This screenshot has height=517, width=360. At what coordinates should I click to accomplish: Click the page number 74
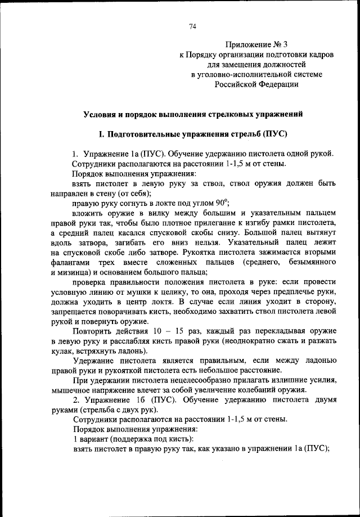tap(192, 26)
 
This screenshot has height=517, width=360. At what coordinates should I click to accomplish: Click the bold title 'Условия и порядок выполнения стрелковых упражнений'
tap(193, 114)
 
